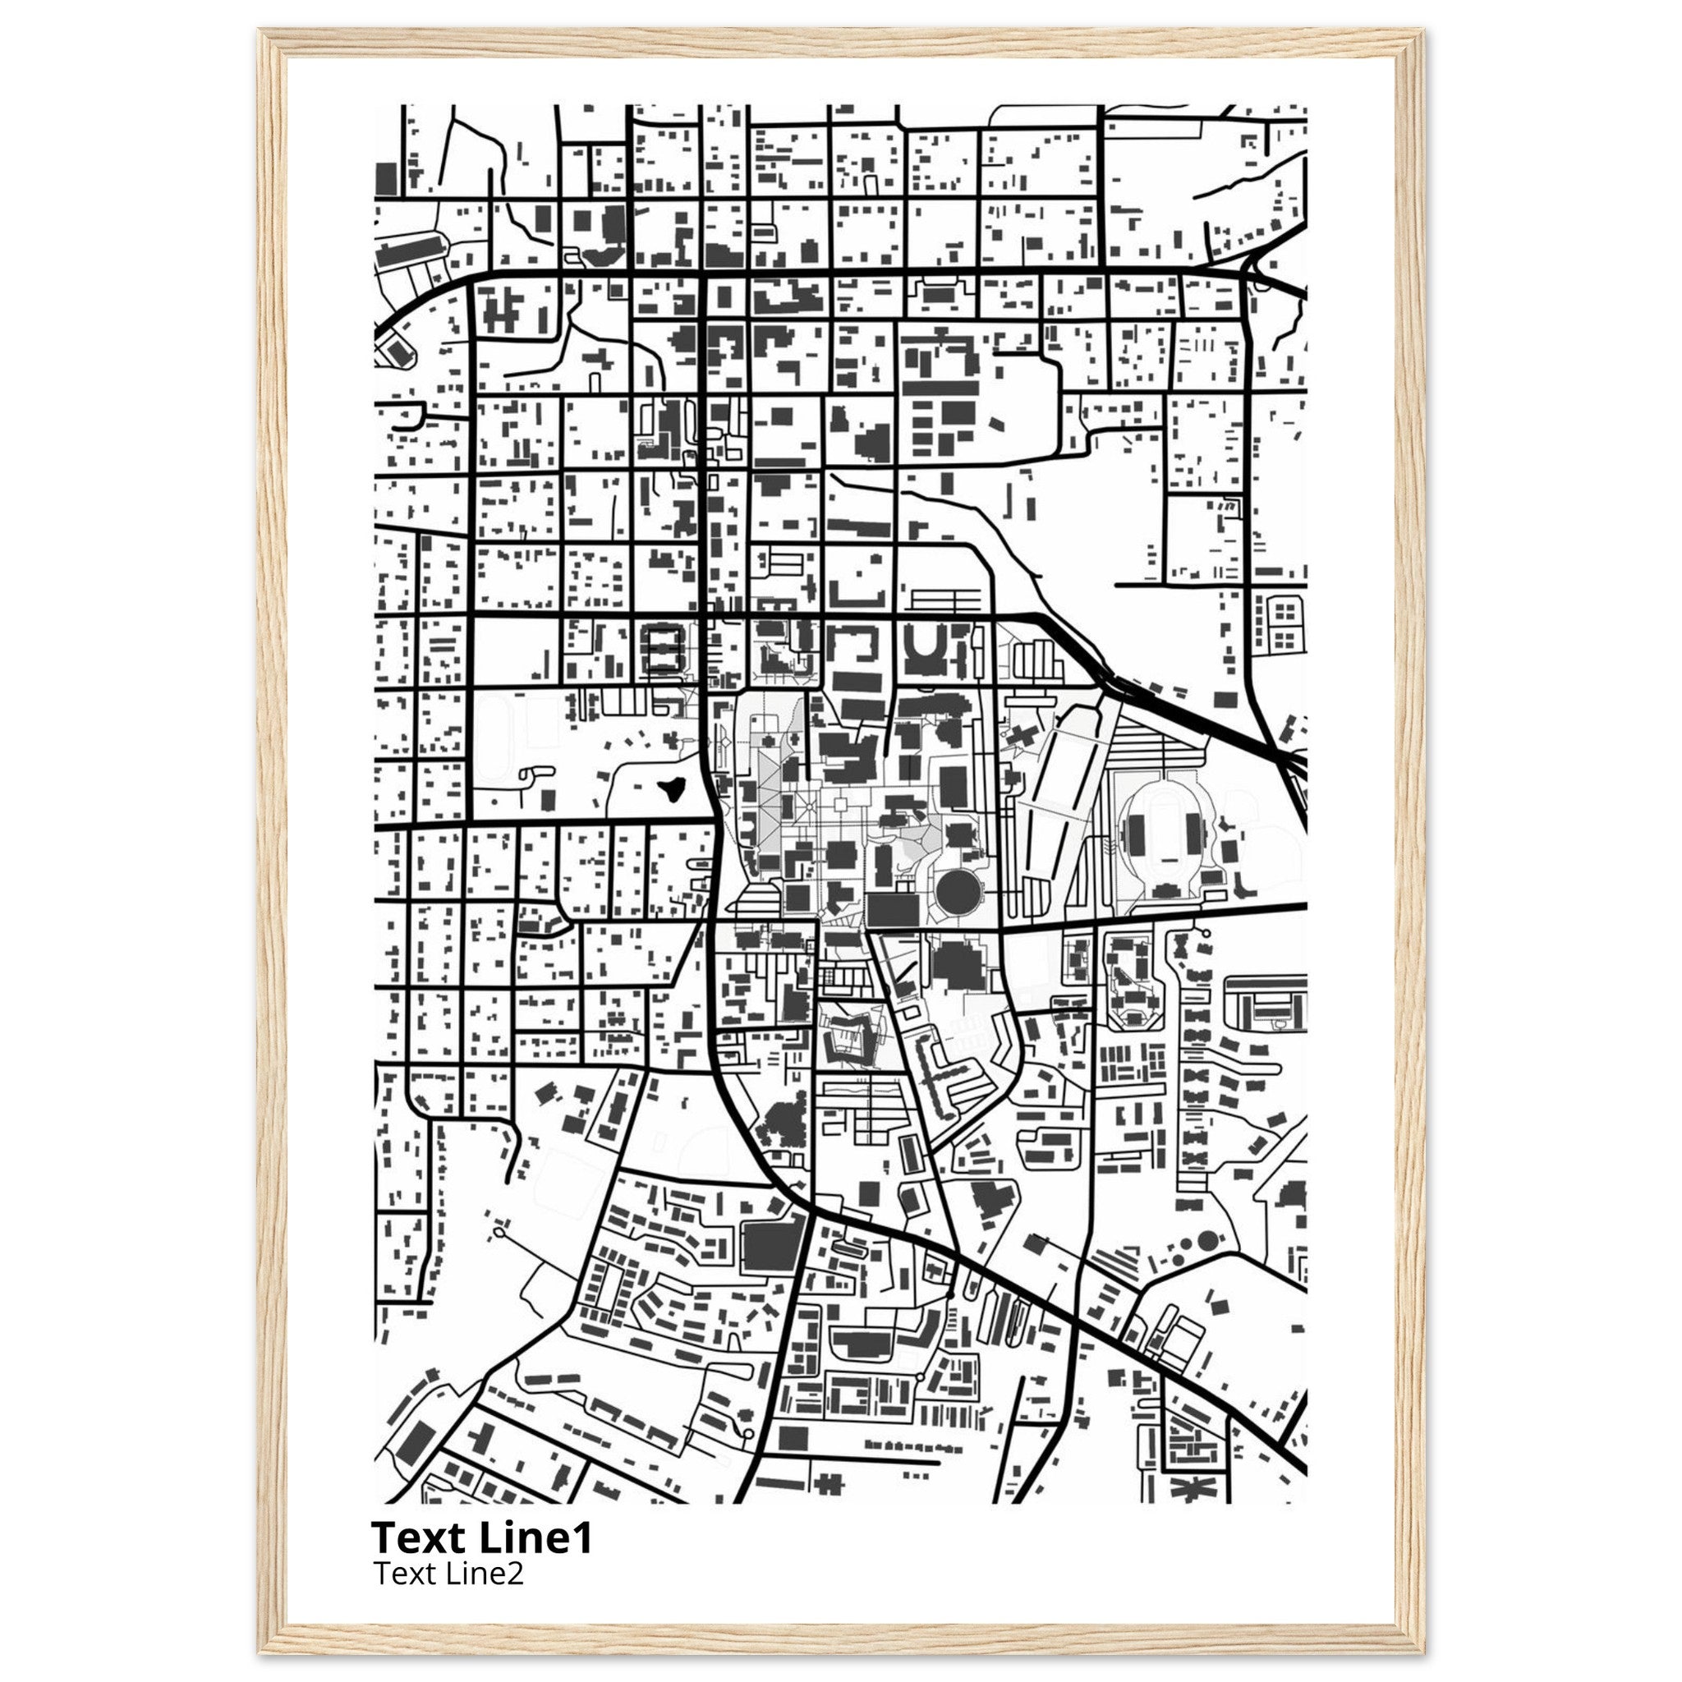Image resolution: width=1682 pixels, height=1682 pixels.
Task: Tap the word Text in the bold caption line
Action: coord(420,1539)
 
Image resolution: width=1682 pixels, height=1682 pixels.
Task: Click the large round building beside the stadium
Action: coord(957,889)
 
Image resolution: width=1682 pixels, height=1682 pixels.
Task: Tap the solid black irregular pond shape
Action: coord(670,788)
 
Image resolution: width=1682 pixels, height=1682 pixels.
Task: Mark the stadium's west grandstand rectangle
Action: coord(1134,827)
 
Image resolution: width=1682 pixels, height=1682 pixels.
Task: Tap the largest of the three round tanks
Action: coord(1207,1239)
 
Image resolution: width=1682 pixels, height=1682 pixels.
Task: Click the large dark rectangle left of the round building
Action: coord(894,911)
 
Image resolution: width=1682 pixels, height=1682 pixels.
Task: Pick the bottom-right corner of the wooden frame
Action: coord(1424,1652)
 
